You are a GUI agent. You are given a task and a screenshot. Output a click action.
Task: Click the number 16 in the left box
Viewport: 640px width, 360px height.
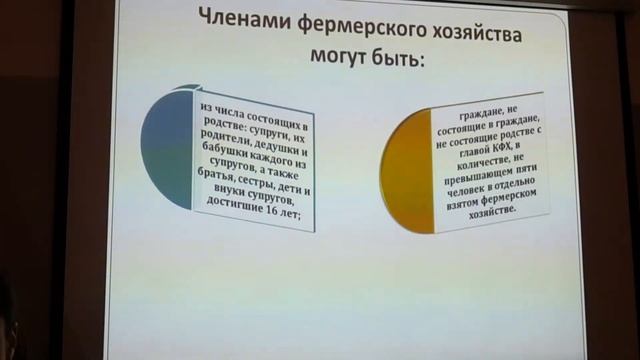coord(279,218)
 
